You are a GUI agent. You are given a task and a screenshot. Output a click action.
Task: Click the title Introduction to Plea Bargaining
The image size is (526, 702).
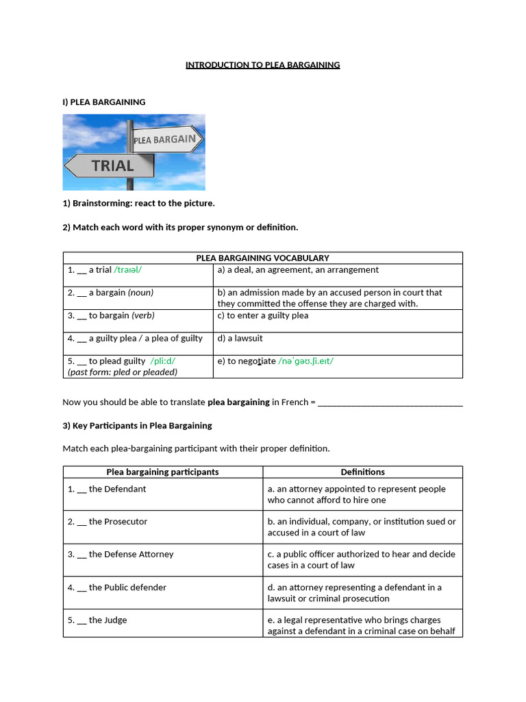pyautogui.click(x=262, y=65)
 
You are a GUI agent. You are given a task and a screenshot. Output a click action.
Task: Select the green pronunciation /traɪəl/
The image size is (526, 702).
pyautogui.click(x=128, y=270)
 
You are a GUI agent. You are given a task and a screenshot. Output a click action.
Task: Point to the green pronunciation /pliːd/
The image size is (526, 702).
pyautogui.click(x=168, y=361)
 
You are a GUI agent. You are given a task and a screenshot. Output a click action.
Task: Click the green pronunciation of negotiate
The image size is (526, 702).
pyautogui.click(x=306, y=361)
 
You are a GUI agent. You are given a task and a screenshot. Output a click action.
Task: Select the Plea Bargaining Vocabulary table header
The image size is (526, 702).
pyautogui.click(x=262, y=258)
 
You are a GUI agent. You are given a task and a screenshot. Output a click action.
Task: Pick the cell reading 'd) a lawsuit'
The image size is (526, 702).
pyautogui.click(x=240, y=339)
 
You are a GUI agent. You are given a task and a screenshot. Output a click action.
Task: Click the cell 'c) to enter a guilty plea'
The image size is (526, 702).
pyautogui.click(x=263, y=315)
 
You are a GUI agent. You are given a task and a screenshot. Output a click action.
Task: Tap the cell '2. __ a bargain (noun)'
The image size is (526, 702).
pyautogui.click(x=110, y=293)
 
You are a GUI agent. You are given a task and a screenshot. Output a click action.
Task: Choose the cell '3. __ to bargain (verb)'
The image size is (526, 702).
pyautogui.click(x=111, y=315)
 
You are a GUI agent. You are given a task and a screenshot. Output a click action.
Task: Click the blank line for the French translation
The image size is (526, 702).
pyautogui.click(x=390, y=402)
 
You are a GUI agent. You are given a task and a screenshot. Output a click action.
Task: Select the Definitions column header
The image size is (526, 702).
pyautogui.click(x=362, y=472)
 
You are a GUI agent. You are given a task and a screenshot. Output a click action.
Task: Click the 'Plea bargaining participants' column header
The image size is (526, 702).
pyautogui.click(x=162, y=472)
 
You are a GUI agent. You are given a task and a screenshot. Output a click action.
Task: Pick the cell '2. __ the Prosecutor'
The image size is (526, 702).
pyautogui.click(x=108, y=522)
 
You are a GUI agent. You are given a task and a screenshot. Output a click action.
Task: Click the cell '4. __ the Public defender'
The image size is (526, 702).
pyautogui.click(x=117, y=588)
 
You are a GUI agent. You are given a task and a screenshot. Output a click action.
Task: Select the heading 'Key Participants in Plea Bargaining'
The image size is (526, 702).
pyautogui.click(x=137, y=426)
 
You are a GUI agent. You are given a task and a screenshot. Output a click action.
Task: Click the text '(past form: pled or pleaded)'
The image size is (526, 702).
pyautogui.click(x=123, y=372)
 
